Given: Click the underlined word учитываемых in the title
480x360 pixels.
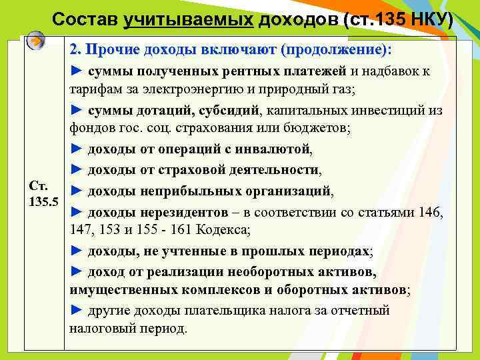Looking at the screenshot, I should click(x=188, y=19).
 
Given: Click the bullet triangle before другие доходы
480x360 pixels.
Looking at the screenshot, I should click(x=75, y=311).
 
